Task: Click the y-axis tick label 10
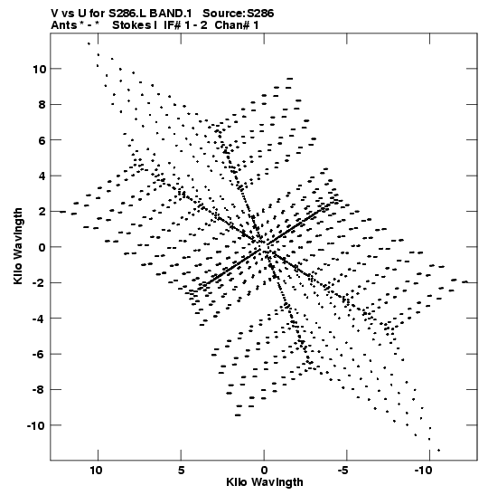40,69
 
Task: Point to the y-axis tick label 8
42,104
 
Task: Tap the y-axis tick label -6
40,354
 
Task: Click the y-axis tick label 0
42,247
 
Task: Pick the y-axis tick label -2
40,283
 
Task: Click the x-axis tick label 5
181,471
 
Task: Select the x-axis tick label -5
343,471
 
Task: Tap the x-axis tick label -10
423,471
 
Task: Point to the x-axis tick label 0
264,471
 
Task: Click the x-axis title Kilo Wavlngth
265,482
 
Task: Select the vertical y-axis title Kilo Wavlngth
18,246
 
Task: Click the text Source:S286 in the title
239,14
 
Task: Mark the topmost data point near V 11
89,43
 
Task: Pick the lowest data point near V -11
439,450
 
